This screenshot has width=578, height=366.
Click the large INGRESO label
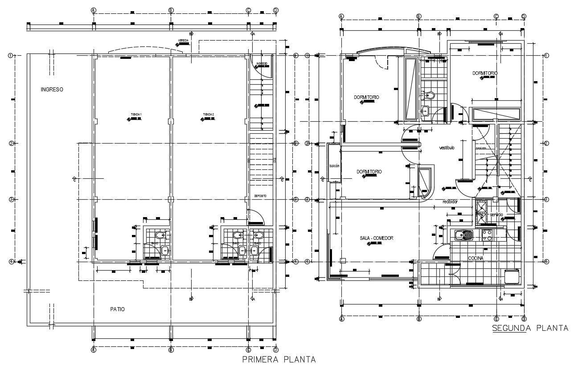click(52, 90)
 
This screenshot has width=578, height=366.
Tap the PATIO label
click(118, 309)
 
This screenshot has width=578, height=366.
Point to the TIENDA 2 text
click(208, 115)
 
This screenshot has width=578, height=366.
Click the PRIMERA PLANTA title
click(279, 359)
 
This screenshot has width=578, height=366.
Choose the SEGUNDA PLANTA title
click(530, 328)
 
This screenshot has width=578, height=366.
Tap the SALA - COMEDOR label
click(376, 239)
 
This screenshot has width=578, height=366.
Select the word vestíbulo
click(447, 148)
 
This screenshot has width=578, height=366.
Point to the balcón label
click(334, 166)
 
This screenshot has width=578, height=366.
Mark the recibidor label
click(450, 202)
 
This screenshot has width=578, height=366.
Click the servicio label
click(496, 215)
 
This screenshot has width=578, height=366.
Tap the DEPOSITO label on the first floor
click(260, 196)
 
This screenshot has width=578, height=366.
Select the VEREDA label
click(183, 41)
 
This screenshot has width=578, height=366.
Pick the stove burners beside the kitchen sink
click(487, 234)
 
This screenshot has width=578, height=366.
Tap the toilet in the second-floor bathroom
click(430, 95)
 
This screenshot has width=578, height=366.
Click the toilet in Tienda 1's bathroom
click(160, 235)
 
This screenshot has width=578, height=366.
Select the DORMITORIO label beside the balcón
click(369, 172)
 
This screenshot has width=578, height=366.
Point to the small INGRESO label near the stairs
click(262, 64)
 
